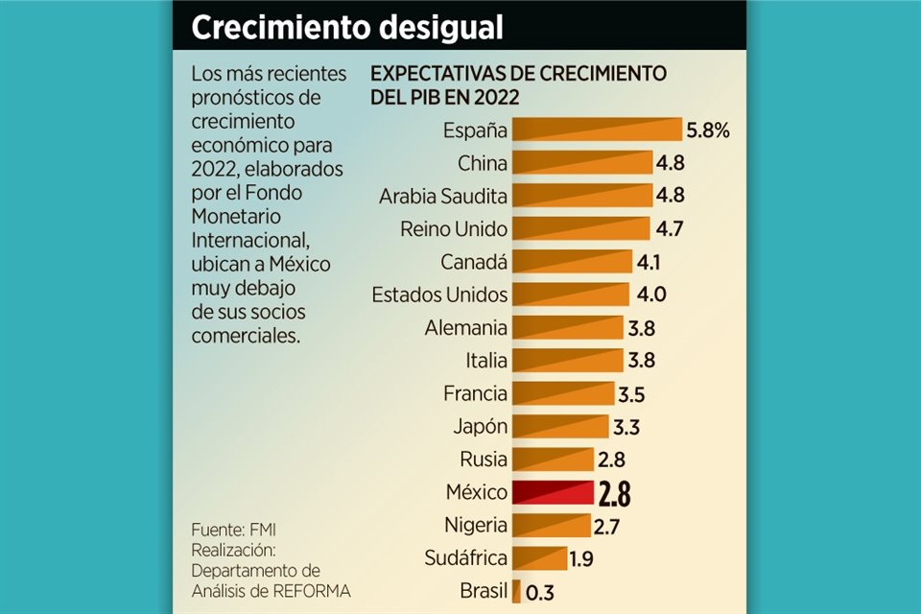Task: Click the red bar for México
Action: [x=553, y=493]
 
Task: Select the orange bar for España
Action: [x=596, y=130]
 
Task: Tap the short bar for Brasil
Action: [x=516, y=591]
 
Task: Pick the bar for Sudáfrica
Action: [x=537, y=557]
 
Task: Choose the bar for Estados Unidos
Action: [x=571, y=295]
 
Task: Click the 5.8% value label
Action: [x=708, y=130]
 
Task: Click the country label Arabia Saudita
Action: [x=443, y=197]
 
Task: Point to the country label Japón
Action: [x=480, y=426]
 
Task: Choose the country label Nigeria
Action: [x=476, y=525]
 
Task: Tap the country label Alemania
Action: [x=466, y=328]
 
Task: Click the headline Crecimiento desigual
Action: [x=347, y=28]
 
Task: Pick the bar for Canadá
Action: [x=573, y=262]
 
